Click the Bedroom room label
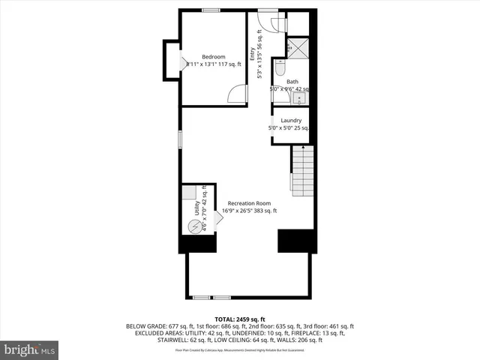213,57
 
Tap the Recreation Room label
250,203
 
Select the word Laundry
291,120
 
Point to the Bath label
292,82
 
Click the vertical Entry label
253,54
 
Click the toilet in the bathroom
278,70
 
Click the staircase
301,172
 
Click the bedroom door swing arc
237,94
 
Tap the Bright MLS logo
29,349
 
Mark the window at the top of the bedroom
211,10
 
